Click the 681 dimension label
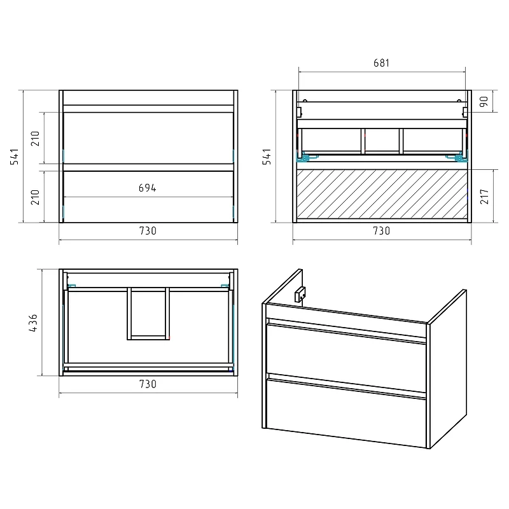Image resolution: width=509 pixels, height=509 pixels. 381,62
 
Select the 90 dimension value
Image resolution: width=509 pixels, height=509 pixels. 484,102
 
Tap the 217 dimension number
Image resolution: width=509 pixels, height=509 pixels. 484,197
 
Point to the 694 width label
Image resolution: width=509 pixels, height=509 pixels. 148,188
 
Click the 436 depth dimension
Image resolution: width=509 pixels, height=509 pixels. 33,323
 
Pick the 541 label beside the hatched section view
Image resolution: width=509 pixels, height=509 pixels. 267,157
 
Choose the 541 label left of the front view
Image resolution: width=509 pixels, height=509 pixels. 14,157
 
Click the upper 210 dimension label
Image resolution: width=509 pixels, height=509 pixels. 35,139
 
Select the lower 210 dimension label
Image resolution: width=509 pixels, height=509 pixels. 35,197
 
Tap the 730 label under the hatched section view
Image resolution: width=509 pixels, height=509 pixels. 381,231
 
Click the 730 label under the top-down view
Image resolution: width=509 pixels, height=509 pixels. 148,384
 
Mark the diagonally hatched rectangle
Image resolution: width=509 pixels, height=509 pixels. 382,194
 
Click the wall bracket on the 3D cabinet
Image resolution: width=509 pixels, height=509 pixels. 300,295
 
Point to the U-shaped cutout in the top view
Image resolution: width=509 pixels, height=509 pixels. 148,338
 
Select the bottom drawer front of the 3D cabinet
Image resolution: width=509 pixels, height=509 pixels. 346,412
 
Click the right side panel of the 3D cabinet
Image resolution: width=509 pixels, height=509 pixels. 448,368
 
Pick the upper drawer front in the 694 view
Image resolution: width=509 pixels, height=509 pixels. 148,138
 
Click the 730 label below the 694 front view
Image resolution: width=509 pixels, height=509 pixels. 148,231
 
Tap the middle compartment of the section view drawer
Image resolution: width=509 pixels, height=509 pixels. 382,140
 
